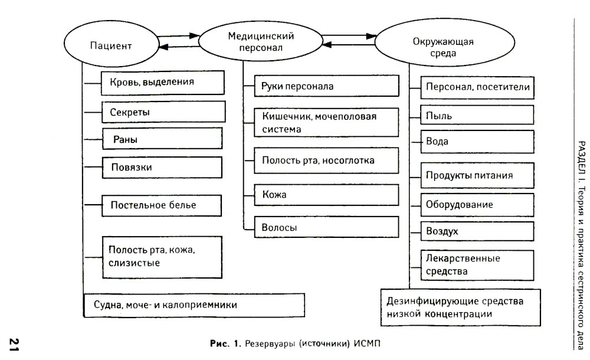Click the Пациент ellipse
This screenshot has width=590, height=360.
coord(110,45)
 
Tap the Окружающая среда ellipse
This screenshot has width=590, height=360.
coord(441,47)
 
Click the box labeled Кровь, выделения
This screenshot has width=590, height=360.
coord(163,82)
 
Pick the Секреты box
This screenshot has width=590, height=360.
coord(163,112)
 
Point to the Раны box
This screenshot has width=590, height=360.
coord(162,140)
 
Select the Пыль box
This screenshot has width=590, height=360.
coord(477,115)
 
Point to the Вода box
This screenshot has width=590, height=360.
coord(477,142)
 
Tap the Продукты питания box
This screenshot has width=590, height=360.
coord(477,175)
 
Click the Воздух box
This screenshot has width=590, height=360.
coord(477,231)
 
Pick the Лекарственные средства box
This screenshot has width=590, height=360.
coord(477,265)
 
